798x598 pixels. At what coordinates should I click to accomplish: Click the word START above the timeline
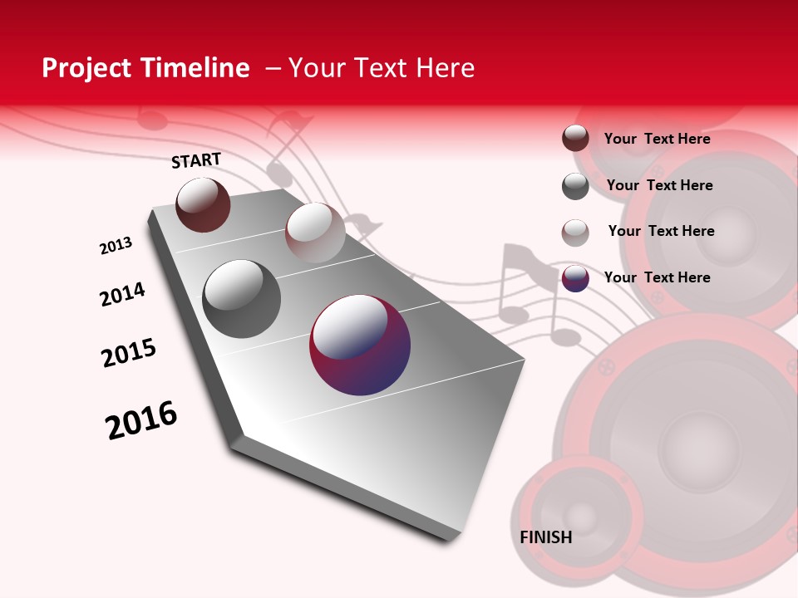coord(196,160)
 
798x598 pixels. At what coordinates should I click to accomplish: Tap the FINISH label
coord(545,537)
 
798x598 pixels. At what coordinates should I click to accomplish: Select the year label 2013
coord(116,246)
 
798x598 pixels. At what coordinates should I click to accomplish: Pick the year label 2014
coord(122,294)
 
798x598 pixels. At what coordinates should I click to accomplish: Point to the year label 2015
coord(129,353)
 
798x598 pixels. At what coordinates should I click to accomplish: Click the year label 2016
coord(141,420)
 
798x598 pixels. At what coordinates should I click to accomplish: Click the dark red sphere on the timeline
coord(203,204)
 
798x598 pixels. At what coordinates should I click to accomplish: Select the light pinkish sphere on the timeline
coord(315,232)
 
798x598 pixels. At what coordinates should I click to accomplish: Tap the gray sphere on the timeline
coord(241,298)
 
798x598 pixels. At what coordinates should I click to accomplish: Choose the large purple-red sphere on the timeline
coord(360,345)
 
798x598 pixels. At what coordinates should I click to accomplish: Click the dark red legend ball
coord(575,139)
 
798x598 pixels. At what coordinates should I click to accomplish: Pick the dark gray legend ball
coord(575,186)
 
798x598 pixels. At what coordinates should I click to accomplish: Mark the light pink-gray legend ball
coord(575,233)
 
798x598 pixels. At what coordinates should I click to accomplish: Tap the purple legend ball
coord(575,278)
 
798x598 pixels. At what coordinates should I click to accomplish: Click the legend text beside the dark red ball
coord(657,139)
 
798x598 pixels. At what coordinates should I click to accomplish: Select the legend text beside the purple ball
coord(657,277)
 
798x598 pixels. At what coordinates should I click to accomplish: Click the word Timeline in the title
coord(196,68)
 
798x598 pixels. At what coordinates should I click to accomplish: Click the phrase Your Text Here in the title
coord(382,68)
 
